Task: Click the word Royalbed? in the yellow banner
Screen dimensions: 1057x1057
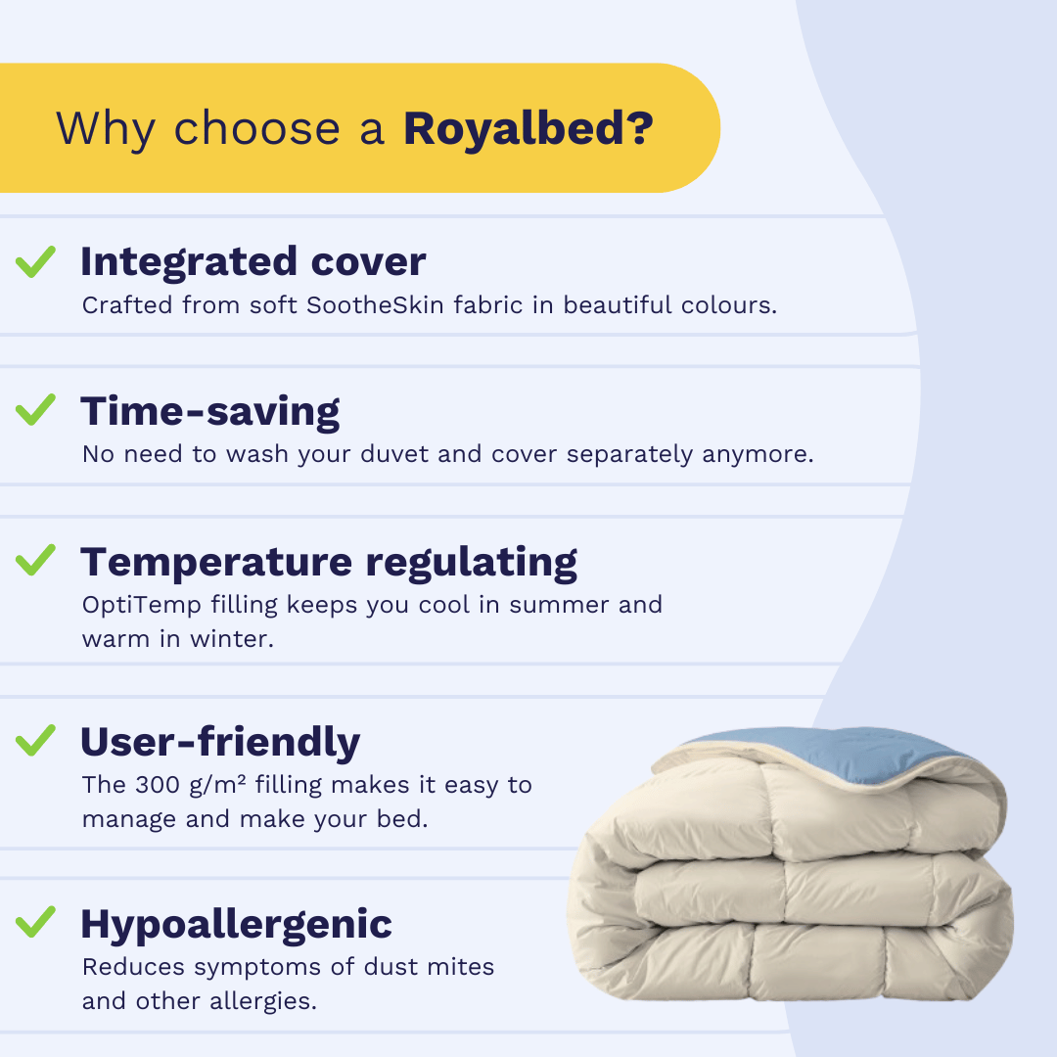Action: [x=528, y=127]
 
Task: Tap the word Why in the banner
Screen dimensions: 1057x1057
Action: [x=107, y=129]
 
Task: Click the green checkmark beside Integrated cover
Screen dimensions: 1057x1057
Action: [x=36, y=261]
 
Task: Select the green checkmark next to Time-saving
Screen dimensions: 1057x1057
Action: [x=36, y=410]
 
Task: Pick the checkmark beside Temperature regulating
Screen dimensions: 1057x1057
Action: [x=36, y=560]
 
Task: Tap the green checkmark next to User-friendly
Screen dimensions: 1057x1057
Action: [x=36, y=740]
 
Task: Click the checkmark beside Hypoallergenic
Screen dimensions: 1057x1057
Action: [x=36, y=922]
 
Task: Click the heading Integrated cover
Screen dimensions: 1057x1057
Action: [x=253, y=261]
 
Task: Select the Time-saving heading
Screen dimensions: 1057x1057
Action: [x=210, y=411]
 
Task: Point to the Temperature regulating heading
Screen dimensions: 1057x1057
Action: [x=329, y=562]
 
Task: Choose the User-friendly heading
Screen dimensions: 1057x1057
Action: [x=220, y=742]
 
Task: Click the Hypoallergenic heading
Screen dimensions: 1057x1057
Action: [x=236, y=924]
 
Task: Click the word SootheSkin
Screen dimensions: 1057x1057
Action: [x=376, y=305]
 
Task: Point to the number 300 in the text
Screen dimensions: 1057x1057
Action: [x=158, y=785]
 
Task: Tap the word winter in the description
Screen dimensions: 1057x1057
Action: [x=232, y=638]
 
